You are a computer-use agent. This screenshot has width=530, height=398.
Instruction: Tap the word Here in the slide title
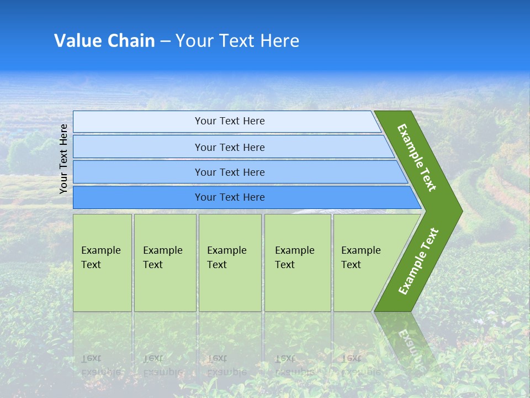280,41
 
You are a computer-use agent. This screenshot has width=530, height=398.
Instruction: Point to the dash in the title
165,41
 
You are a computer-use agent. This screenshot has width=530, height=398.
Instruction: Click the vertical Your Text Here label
63,159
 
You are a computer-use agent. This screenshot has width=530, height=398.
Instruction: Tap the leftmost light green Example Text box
102,263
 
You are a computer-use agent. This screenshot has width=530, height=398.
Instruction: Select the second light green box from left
165,263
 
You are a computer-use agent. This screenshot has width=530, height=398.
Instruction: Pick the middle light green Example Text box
230,263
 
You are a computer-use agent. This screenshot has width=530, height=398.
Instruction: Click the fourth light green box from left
298,263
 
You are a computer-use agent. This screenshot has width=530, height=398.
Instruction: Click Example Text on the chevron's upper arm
417,158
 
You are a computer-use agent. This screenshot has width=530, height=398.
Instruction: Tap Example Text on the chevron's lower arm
418,261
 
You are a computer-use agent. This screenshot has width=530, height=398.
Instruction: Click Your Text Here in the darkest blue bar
230,197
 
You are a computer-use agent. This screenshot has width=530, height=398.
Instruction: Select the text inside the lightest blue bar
230,121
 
